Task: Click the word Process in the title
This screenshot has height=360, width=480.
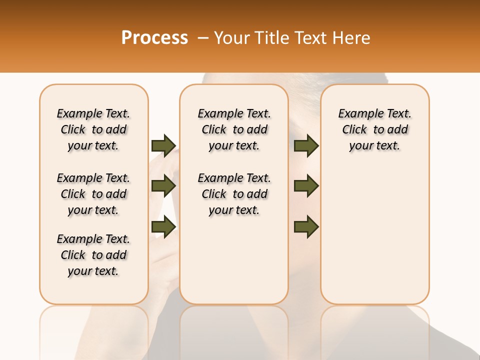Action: pos(154,37)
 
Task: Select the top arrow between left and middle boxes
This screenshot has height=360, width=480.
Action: pos(163,145)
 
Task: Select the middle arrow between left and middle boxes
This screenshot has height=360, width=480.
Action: pos(163,186)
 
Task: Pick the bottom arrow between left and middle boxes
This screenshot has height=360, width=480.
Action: pos(163,227)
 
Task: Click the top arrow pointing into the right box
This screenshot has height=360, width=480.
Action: pos(306,145)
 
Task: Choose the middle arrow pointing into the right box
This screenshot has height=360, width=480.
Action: pos(306,186)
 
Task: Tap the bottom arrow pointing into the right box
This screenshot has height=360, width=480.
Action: pos(306,227)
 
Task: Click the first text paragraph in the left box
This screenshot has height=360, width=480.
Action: pos(93,129)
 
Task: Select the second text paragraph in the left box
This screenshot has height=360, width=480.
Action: pos(93,194)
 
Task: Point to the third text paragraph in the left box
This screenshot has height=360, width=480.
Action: pos(93,255)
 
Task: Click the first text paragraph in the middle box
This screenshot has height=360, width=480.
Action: pos(234,129)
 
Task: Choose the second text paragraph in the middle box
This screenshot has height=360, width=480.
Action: pos(234,194)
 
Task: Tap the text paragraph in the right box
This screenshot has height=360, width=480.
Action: pos(374,129)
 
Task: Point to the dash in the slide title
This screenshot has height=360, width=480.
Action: pos(202,38)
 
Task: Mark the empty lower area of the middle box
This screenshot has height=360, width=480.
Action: pos(234,260)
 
